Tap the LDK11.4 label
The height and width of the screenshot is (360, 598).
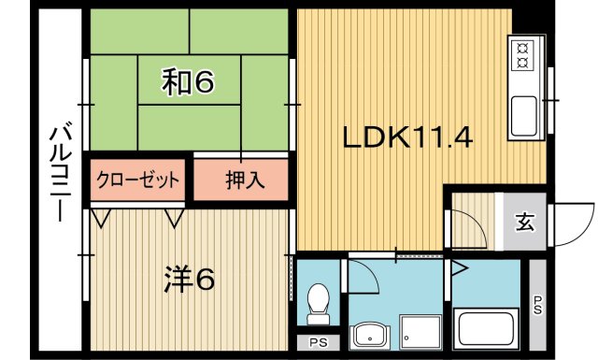click(406, 139)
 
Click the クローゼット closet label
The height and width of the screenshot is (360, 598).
click(137, 179)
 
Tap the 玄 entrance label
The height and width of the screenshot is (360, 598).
click(525, 223)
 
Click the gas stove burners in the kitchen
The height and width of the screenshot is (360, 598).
click(521, 53)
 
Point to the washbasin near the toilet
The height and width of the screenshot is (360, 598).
click(370, 335)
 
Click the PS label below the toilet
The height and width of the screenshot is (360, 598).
click(318, 342)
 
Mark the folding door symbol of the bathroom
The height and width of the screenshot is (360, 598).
click(458, 268)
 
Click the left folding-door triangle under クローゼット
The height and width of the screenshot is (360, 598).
click(102, 218)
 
